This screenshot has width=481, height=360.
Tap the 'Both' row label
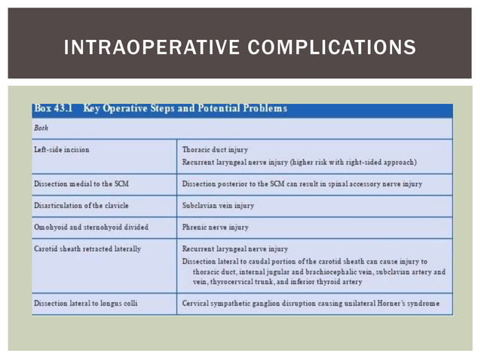41,128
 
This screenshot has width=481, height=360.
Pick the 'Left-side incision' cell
62,150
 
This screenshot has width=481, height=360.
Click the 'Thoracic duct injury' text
215,150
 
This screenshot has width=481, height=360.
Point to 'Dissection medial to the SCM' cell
83,184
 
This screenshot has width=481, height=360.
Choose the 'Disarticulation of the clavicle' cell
81,205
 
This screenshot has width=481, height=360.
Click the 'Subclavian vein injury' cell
218,205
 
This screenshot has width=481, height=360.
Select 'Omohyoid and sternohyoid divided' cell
91,227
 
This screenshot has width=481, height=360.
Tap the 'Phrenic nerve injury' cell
216,227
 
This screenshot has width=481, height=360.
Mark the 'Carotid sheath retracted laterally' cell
87,249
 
